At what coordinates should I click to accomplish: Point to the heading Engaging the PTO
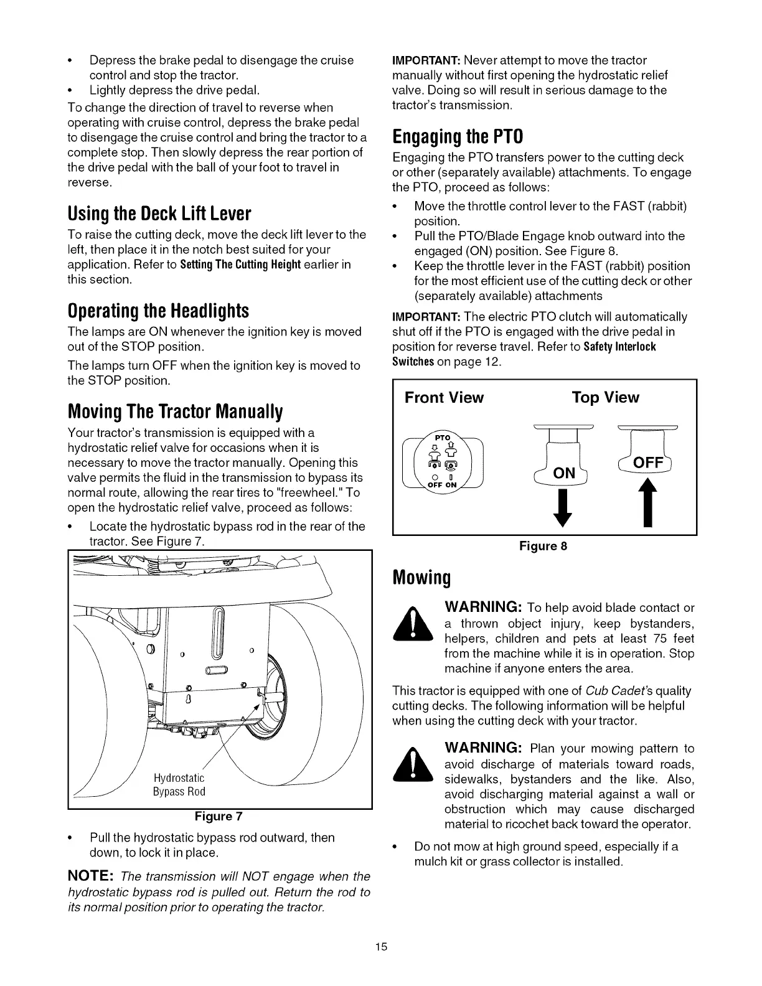tap(458, 136)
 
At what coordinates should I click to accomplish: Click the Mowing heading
tap(421, 578)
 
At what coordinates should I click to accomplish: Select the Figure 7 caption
tap(219, 816)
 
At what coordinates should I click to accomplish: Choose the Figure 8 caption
tap(543, 546)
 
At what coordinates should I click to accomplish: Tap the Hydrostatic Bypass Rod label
tap(179, 785)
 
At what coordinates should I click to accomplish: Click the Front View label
tap(444, 398)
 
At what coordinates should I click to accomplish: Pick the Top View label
tap(605, 398)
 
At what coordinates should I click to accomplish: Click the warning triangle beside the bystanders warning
tap(414, 627)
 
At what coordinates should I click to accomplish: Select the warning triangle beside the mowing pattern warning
tap(414, 767)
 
